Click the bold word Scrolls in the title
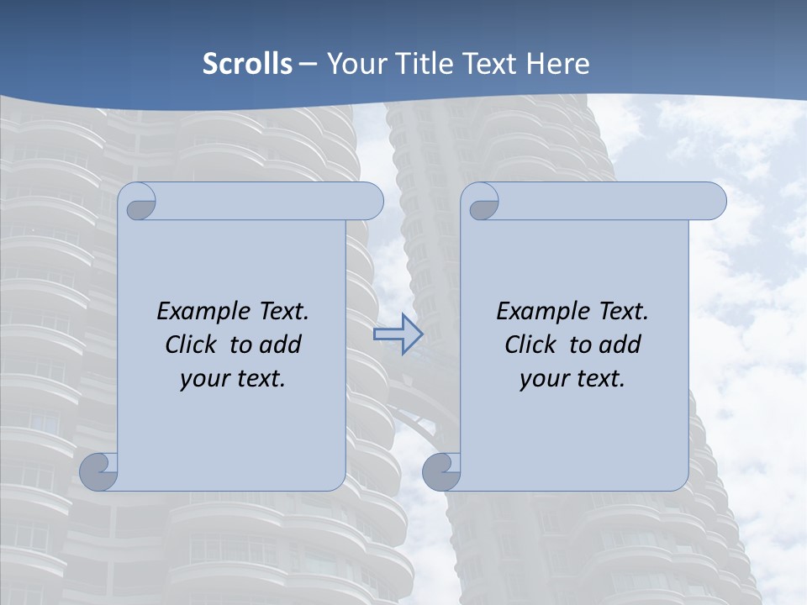click(x=247, y=64)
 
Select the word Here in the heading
click(x=558, y=64)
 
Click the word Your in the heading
click(x=351, y=64)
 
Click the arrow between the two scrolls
click(x=398, y=334)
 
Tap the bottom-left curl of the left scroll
click(x=99, y=471)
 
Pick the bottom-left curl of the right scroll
click(x=442, y=471)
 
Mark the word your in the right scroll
click(x=543, y=379)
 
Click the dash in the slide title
click(x=308, y=64)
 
